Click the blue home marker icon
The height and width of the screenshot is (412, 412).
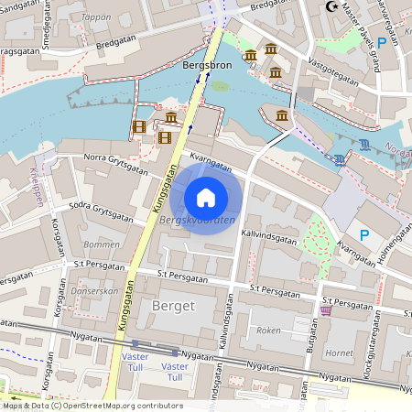pyautogui.click(x=206, y=197)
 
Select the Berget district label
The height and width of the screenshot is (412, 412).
pyautogui.click(x=174, y=305)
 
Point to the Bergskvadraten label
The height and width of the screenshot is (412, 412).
pyautogui.click(x=197, y=221)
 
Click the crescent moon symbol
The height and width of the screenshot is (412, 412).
pyautogui.click(x=331, y=7)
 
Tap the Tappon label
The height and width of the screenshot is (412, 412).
pyautogui.click(x=96, y=16)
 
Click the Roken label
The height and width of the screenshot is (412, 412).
pyautogui.click(x=268, y=330)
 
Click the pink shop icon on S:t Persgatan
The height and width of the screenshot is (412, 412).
pyautogui.click(x=327, y=310)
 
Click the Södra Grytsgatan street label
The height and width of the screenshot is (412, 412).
pyautogui.click(x=101, y=210)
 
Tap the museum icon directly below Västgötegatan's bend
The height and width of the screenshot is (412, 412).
pyautogui.click(x=281, y=115)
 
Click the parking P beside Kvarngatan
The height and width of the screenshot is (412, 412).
pyautogui.click(x=364, y=235)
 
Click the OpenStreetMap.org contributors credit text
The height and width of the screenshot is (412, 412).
pyautogui.click(x=119, y=405)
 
